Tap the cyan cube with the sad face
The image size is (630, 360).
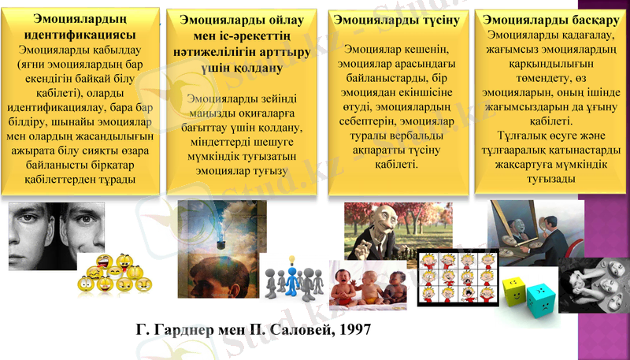coord(543,297)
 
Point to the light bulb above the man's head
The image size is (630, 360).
coord(292,258)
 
